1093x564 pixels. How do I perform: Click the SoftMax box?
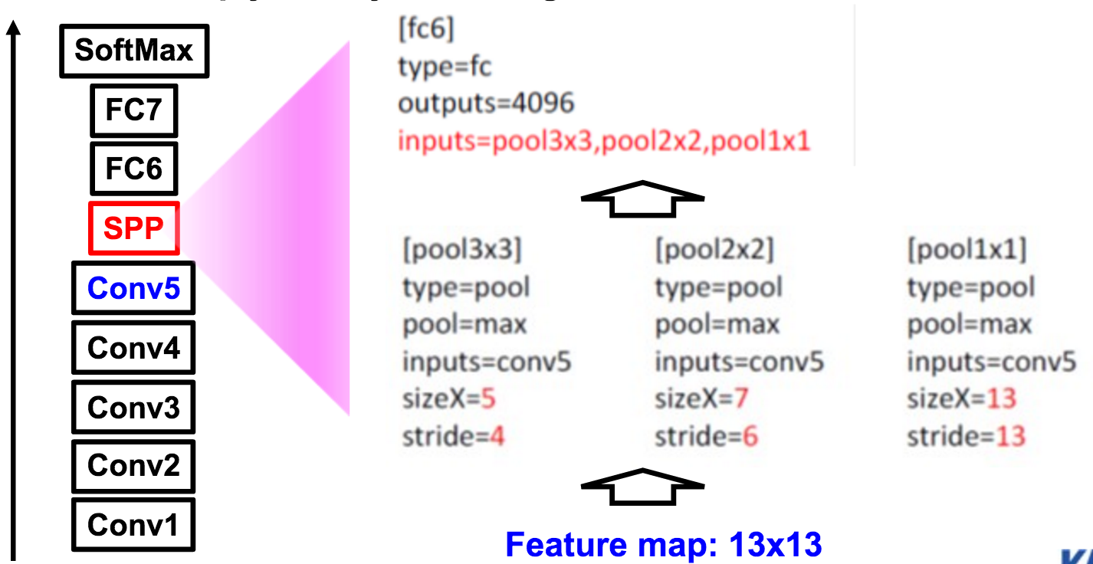tap(134, 51)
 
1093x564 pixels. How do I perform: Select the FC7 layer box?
tap(134, 110)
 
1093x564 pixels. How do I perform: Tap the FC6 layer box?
tap(134, 169)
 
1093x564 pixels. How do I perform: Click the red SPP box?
tap(134, 228)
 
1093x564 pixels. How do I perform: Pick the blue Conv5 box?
tap(133, 288)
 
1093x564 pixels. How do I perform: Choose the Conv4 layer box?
tap(133, 347)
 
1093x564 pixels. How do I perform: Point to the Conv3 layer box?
tap(133, 406)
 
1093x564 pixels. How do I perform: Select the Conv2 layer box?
tap(133, 465)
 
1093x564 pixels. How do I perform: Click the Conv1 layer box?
tap(133, 525)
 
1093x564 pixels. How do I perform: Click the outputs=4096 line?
tap(486, 103)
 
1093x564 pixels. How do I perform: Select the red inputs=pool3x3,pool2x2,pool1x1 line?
tap(604, 141)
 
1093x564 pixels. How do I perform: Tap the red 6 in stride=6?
tap(749, 437)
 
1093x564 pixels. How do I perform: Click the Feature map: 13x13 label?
tap(664, 545)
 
